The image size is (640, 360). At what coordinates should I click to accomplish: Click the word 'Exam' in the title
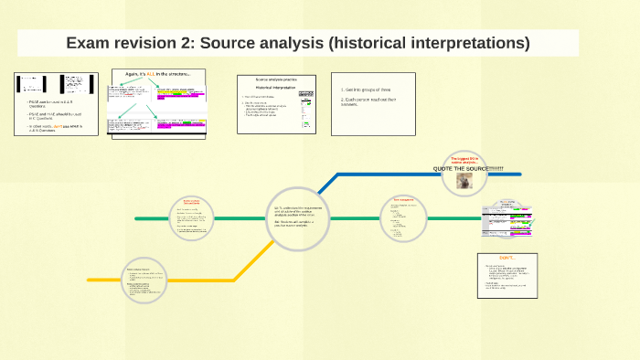click(x=89, y=43)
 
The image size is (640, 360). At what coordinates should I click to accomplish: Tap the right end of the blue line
click(x=518, y=174)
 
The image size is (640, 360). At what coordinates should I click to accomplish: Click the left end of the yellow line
click(x=90, y=279)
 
